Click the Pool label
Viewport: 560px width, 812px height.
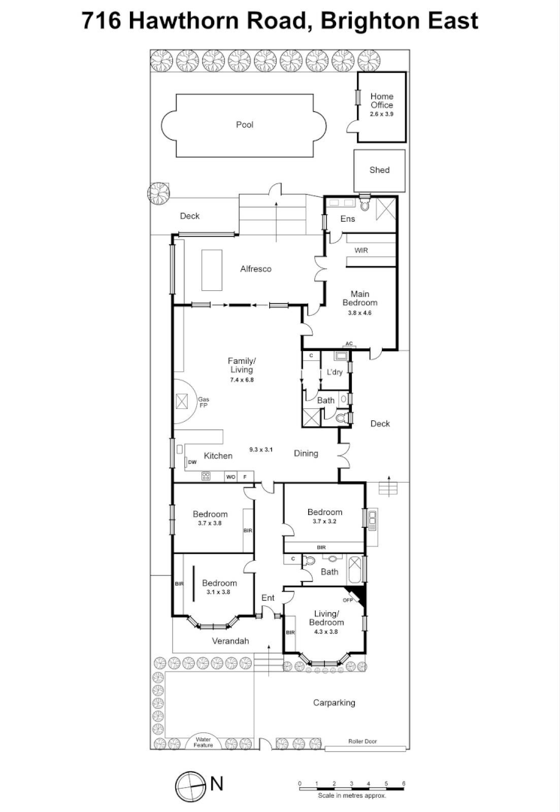coord(244,125)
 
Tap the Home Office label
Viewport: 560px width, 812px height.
coord(381,101)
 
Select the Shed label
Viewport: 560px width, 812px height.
coord(380,170)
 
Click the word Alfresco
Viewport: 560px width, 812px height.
coord(256,269)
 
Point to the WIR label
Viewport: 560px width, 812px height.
coord(361,250)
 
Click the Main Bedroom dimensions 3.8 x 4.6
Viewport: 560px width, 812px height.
coord(360,312)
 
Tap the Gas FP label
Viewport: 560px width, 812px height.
coord(202,402)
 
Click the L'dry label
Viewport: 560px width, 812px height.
coord(334,372)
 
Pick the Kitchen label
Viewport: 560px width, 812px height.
coord(218,456)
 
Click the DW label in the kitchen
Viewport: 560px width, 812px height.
coord(192,462)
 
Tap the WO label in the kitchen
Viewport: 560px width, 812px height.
coord(231,477)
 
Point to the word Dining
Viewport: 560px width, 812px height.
coord(306,453)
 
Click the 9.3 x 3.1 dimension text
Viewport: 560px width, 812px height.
coord(261,450)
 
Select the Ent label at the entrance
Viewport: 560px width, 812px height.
coord(268,598)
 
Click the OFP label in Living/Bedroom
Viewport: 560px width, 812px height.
coord(348,600)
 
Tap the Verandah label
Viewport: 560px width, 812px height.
coord(230,641)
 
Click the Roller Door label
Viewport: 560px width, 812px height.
coord(362,741)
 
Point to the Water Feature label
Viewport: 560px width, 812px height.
coord(203,741)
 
